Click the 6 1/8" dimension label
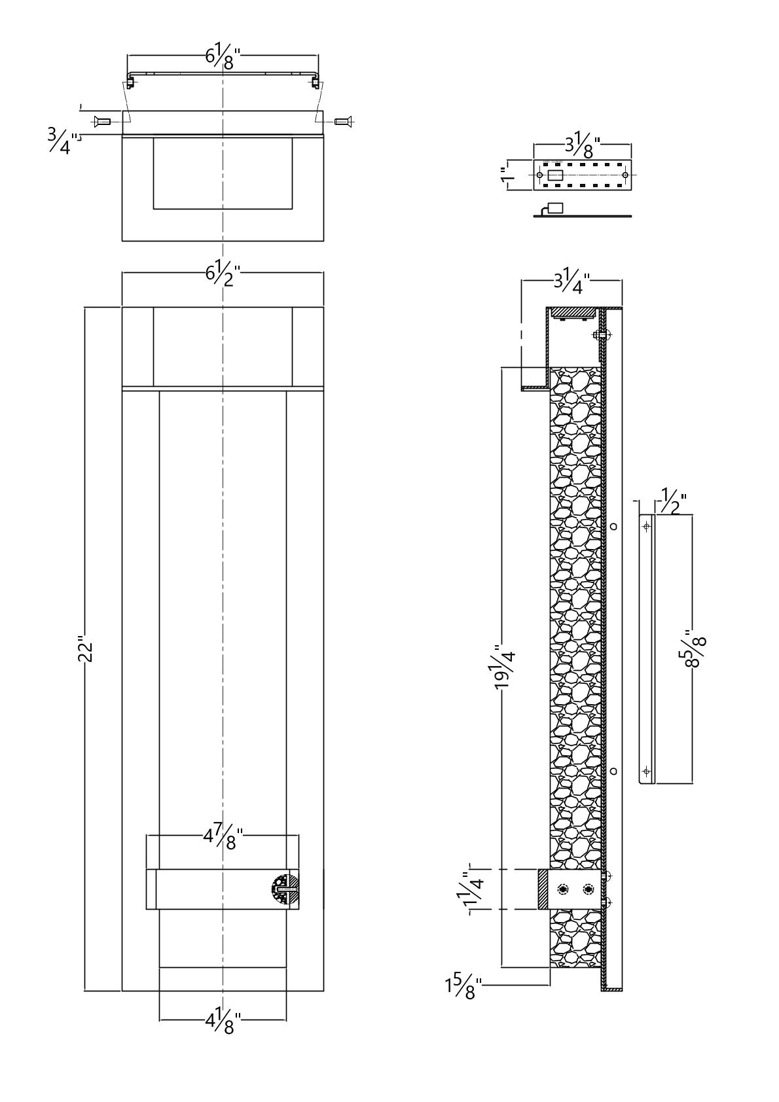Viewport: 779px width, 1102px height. pyautogui.click(x=223, y=56)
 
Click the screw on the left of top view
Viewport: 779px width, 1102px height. pyautogui.click(x=101, y=120)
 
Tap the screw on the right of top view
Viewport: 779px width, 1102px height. pyautogui.click(x=344, y=120)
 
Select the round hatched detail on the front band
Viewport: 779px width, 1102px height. pyautogui.click(x=285, y=889)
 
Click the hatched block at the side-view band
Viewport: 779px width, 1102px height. pyautogui.click(x=543, y=889)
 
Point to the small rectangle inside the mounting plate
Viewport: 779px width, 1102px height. pyautogui.click(x=556, y=175)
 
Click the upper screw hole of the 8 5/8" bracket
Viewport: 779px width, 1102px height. pyautogui.click(x=647, y=525)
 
